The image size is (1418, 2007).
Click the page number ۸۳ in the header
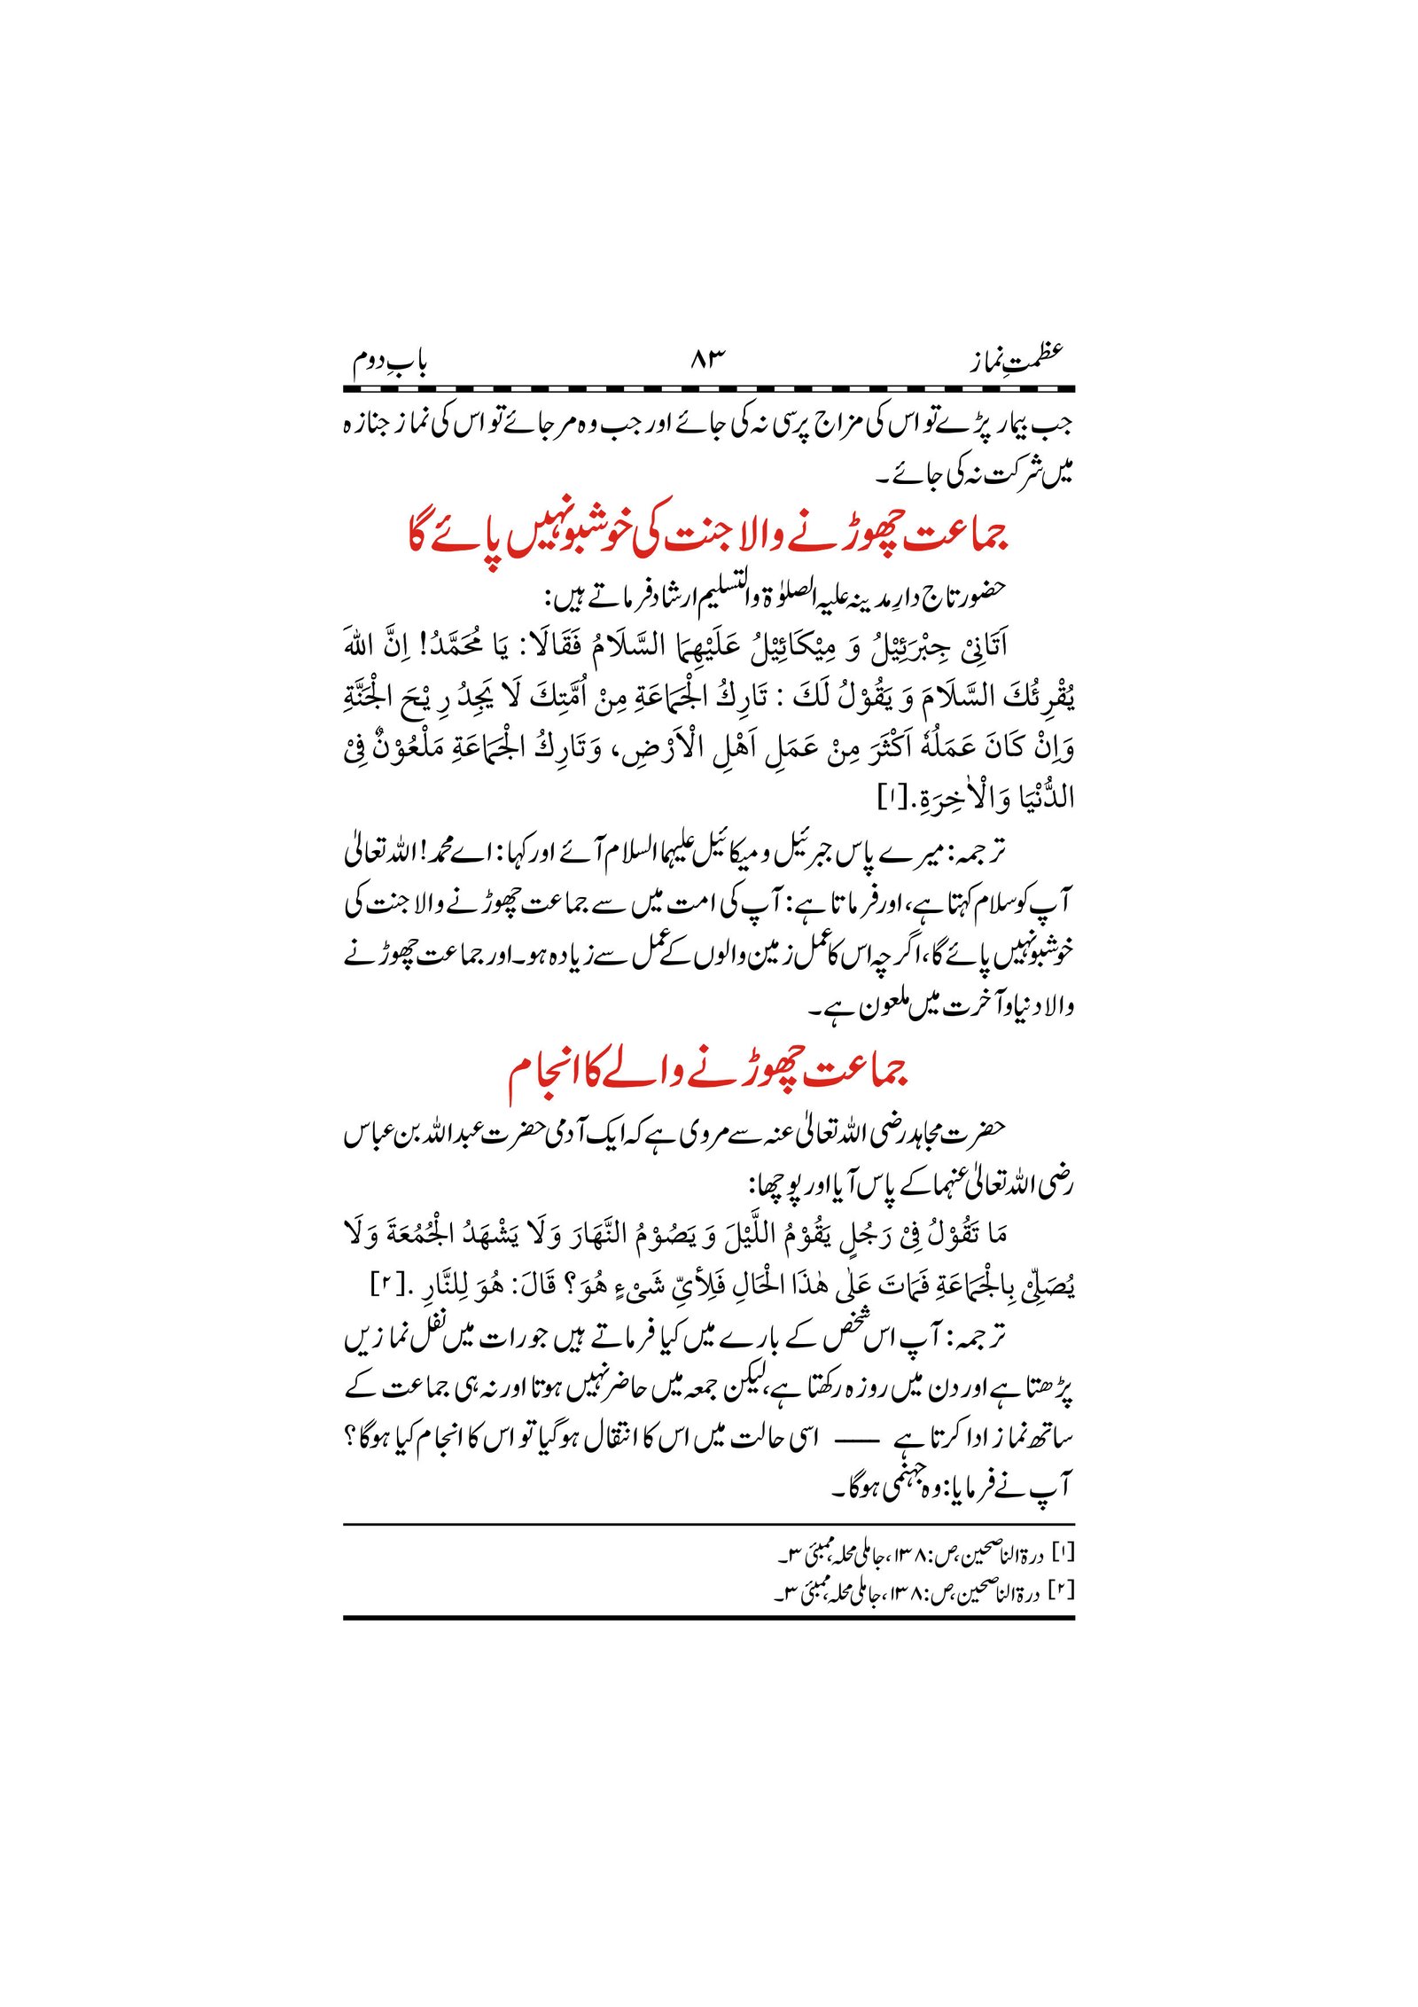coord(707,359)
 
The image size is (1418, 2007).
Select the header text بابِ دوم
coord(390,362)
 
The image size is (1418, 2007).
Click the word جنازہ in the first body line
coord(368,425)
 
